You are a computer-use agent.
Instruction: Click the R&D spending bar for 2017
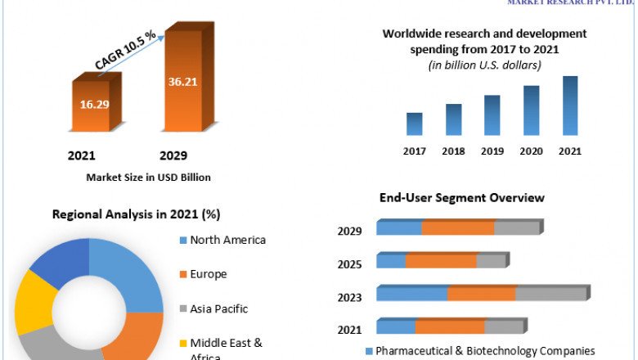[x=415, y=124]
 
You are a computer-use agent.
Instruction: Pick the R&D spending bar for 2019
[x=492, y=115]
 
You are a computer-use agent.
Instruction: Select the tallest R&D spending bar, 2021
[x=570, y=106]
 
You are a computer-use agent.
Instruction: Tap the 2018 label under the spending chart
[x=453, y=151]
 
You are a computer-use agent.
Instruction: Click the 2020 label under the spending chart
[x=531, y=151]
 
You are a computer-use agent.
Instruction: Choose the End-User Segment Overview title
[x=461, y=198]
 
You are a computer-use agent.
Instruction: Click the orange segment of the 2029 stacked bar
[x=458, y=228]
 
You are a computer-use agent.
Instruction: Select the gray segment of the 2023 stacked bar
[x=550, y=294]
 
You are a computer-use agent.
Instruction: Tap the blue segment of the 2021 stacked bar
[x=396, y=327]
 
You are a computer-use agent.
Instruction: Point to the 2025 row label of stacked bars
[x=349, y=264]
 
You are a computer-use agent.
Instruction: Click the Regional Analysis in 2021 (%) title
[x=136, y=214]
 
